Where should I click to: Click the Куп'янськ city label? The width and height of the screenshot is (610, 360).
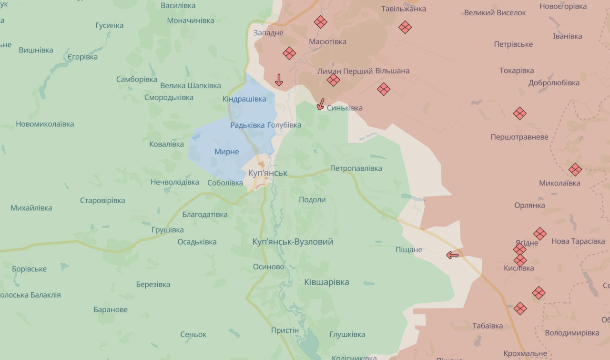[x=268, y=173]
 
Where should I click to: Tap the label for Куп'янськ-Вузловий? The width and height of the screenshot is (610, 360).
[x=293, y=242]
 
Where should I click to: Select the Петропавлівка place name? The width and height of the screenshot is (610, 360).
[x=356, y=168]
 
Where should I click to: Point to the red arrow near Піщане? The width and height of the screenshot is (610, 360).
[x=452, y=255]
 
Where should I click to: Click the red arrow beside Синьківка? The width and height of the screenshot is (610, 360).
[x=321, y=104]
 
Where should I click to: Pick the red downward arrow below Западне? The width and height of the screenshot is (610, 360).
[x=279, y=80]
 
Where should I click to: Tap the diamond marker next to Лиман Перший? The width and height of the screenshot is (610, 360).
[x=333, y=80]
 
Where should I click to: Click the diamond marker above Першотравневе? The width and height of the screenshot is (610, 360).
[x=519, y=113]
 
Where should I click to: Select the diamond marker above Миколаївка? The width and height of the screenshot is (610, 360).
[x=575, y=169]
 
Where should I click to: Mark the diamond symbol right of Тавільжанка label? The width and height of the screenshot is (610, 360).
[x=405, y=27]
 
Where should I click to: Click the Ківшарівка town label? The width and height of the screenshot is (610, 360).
[x=326, y=282]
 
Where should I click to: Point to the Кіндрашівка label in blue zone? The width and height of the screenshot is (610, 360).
[x=244, y=99]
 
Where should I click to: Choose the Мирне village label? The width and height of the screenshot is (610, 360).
[x=226, y=152]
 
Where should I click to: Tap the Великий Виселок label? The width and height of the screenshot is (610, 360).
[x=495, y=13]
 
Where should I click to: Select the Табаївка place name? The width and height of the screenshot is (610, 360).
[x=488, y=326]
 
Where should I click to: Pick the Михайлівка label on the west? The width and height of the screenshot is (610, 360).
[x=31, y=208]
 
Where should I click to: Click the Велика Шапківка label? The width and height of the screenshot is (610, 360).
[x=191, y=85]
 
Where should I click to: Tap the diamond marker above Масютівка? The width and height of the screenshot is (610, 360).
[x=320, y=22]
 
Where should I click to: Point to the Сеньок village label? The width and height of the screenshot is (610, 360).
[x=193, y=334]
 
